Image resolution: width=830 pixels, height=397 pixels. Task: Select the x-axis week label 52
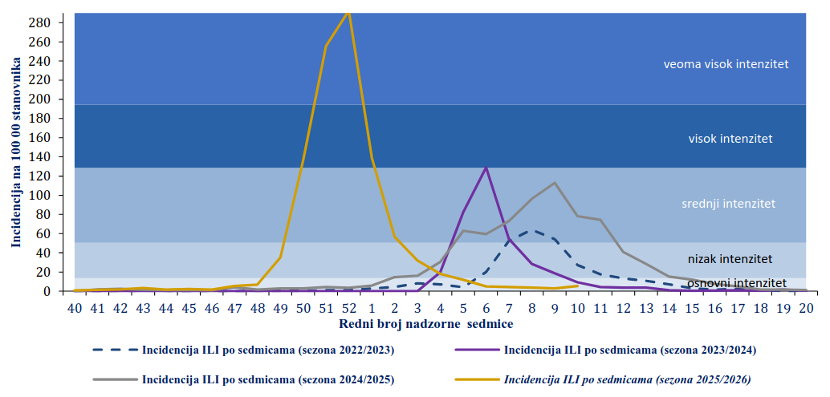(348, 307)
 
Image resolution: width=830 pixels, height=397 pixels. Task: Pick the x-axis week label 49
(279, 307)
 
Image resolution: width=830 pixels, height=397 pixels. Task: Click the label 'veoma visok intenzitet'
(726, 64)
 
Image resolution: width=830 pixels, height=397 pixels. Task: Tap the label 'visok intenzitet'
(730, 139)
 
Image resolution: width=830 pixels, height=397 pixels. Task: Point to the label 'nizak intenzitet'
(730, 258)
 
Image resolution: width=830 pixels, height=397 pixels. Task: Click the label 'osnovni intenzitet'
(736, 283)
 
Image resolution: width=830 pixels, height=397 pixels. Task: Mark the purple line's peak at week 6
(486, 168)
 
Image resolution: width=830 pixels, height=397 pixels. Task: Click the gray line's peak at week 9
(555, 183)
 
